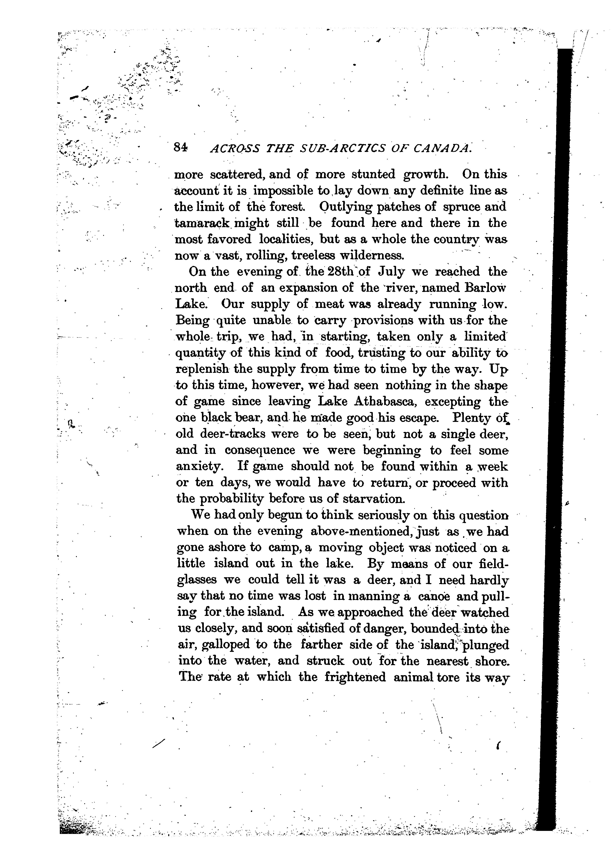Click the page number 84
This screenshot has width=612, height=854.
click(181, 148)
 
